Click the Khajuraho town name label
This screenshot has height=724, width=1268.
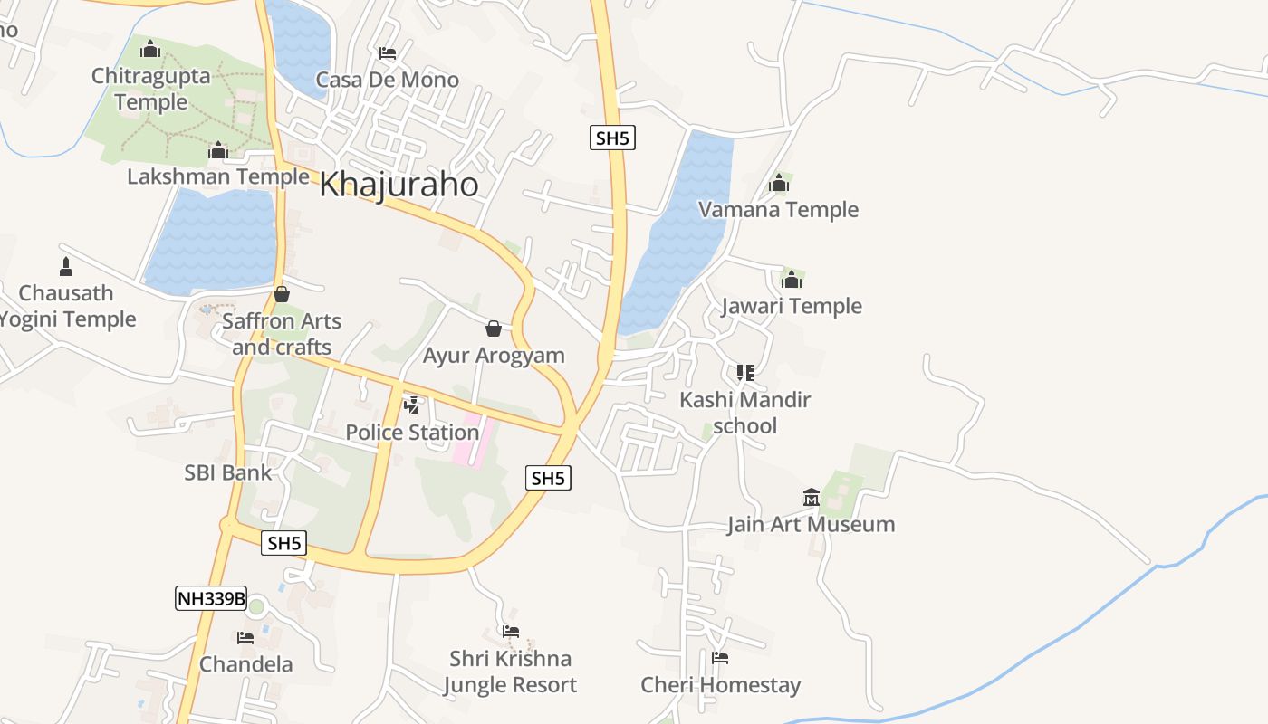click(x=399, y=185)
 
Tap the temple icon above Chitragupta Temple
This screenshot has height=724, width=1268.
click(x=150, y=49)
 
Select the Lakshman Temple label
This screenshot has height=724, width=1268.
click(x=217, y=176)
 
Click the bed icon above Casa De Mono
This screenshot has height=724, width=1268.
click(x=388, y=53)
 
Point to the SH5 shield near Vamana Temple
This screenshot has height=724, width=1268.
click(x=612, y=138)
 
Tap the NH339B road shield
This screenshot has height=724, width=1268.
click(x=211, y=598)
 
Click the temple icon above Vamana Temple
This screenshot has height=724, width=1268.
click(x=779, y=184)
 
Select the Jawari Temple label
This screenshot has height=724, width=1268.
click(x=792, y=306)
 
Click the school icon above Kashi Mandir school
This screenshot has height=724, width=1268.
click(x=745, y=372)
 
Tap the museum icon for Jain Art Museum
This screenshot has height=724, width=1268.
click(x=812, y=497)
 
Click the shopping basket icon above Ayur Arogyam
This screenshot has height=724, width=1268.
click(x=494, y=328)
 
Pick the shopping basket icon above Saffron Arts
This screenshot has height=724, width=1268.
click(x=282, y=294)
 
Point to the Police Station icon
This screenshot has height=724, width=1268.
click(x=412, y=405)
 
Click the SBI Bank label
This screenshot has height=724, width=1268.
click(x=228, y=472)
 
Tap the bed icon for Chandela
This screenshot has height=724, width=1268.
click(x=245, y=637)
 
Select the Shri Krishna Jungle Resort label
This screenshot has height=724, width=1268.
click(x=510, y=672)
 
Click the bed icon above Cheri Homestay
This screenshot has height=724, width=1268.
click(x=720, y=658)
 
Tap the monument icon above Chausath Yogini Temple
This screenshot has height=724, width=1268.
click(x=65, y=266)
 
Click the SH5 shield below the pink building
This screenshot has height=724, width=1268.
click(x=549, y=478)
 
